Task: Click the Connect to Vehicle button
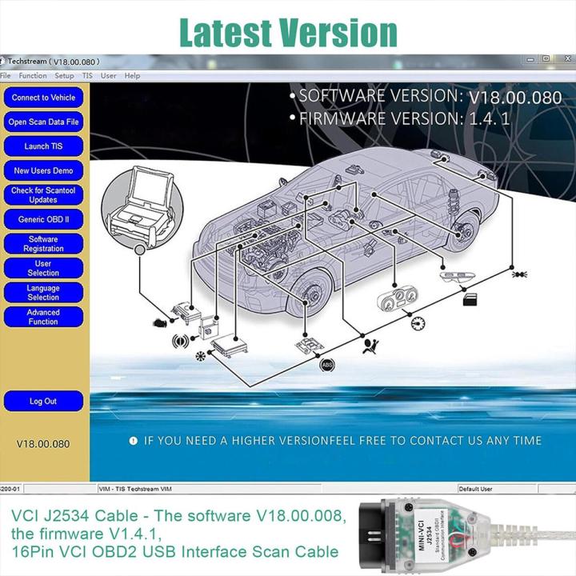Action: [43, 98]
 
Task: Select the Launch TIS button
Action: [43, 146]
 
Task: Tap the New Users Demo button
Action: [43, 170]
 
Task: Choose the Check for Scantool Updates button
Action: [43, 195]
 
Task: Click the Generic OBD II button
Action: [43, 219]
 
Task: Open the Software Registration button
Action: [43, 244]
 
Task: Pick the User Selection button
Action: [43, 268]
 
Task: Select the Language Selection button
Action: [43, 293]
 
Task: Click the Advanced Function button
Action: [43, 317]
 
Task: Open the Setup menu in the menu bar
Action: [64, 76]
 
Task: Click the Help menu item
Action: [132, 76]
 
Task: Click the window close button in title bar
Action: [566, 58]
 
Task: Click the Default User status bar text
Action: [475, 488]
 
